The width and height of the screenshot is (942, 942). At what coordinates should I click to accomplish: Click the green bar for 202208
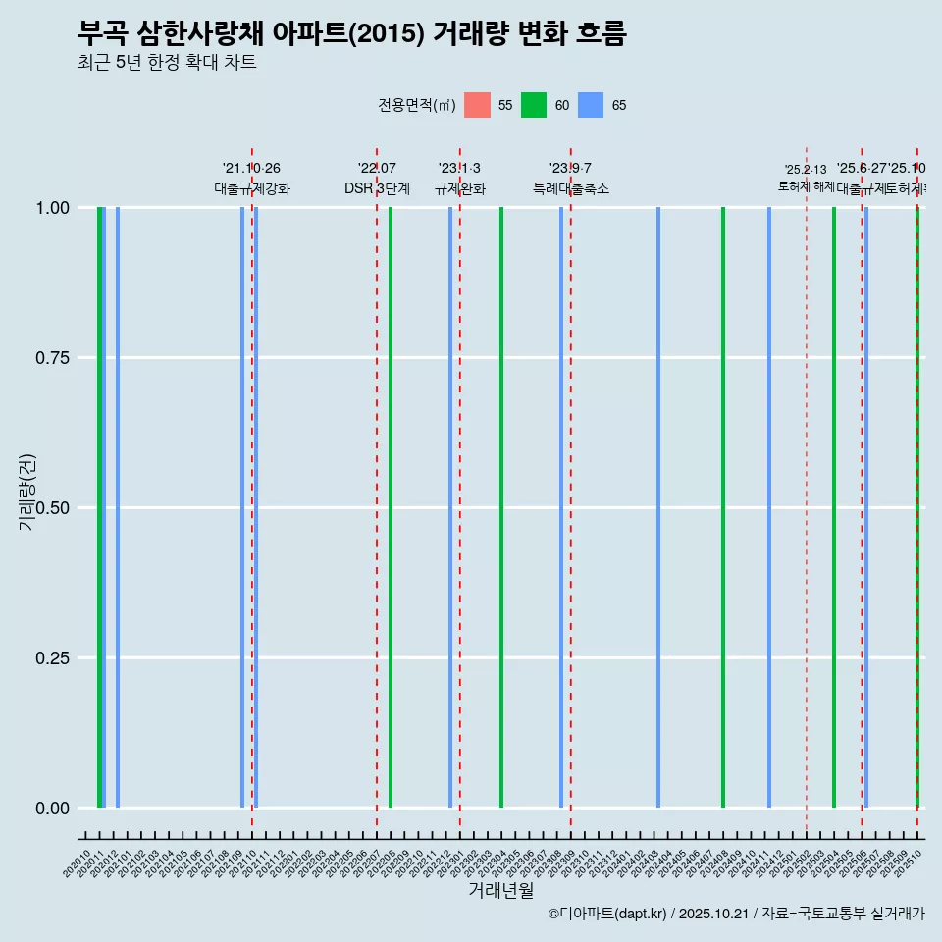(391, 507)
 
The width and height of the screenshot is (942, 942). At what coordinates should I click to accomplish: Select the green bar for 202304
(501, 507)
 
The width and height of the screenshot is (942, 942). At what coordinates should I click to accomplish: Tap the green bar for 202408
(723, 507)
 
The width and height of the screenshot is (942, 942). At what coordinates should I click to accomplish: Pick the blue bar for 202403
(658, 507)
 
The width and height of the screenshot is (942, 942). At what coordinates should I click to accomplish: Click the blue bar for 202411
(769, 507)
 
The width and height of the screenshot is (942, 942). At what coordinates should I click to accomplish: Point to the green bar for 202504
(834, 507)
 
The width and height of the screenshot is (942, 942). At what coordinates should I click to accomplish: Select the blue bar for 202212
(450, 507)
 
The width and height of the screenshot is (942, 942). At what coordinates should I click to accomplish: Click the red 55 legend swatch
(477, 105)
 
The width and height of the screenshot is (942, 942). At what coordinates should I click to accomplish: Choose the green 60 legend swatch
(534, 105)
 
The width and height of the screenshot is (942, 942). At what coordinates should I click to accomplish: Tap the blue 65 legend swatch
(591, 105)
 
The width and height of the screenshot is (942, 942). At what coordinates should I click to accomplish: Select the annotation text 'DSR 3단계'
(377, 188)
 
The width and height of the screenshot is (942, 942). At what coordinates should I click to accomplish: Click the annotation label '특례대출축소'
(571, 188)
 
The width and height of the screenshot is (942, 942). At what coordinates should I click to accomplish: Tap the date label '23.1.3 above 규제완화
(459, 169)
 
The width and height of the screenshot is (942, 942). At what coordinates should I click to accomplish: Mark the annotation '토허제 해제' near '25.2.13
(806, 186)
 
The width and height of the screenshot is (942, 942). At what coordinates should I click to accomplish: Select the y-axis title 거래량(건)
(27, 492)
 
